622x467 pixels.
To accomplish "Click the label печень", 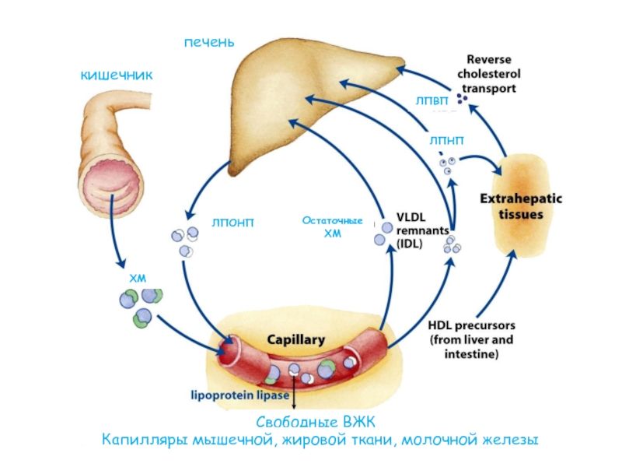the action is [x=209, y=42].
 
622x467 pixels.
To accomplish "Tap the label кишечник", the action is [x=117, y=75].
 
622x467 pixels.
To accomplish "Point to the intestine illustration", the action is [x=113, y=155].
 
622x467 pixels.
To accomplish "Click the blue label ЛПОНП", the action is [x=232, y=223].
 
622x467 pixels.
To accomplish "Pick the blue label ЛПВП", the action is [x=432, y=101].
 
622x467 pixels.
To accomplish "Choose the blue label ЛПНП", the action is [x=446, y=140].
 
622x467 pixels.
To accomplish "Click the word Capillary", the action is [x=296, y=340].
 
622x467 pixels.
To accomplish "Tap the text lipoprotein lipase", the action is [x=240, y=395].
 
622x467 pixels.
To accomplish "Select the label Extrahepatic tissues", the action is [x=521, y=206].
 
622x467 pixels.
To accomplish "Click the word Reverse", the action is [x=489, y=60].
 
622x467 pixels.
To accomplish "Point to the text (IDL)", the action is [x=410, y=244].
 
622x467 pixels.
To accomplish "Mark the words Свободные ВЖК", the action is [x=316, y=422].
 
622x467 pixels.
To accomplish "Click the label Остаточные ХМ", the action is [x=333, y=226].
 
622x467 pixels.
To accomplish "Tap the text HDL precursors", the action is [x=471, y=325].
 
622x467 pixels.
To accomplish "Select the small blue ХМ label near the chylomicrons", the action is [x=138, y=278].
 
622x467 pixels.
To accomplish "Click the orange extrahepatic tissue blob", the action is [x=522, y=206].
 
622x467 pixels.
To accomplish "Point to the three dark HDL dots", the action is [x=462, y=98].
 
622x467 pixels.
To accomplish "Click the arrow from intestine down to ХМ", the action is [x=115, y=230].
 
